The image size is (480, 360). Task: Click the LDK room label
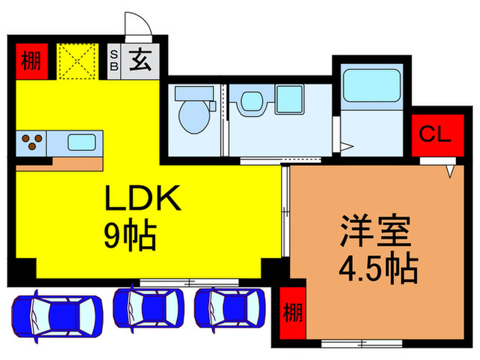point(142,200)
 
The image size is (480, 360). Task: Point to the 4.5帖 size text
point(378,270)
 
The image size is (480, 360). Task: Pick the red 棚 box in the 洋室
point(292,313)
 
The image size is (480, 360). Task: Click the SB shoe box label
point(114,60)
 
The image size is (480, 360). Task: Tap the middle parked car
point(149,310)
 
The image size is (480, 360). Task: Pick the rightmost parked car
point(230,310)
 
